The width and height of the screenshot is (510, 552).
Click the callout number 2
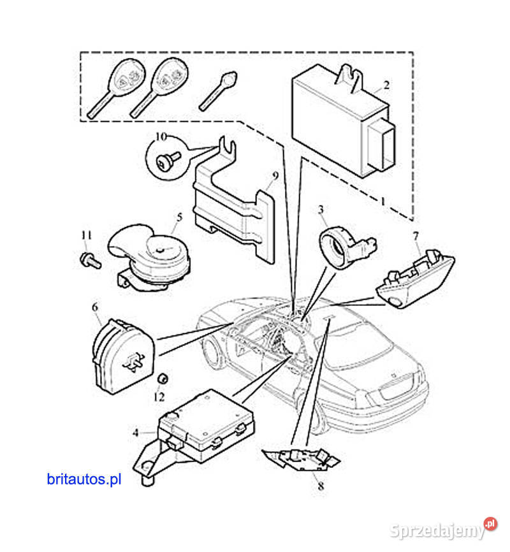click(386, 84)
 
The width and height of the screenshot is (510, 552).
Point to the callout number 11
click(86, 236)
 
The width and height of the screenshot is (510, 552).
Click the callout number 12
click(158, 396)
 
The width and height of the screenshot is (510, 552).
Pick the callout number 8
click(320, 486)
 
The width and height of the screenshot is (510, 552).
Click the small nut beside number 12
click(162, 379)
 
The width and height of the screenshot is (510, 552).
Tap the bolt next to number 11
click(89, 259)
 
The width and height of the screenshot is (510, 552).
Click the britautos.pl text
click(84, 479)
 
